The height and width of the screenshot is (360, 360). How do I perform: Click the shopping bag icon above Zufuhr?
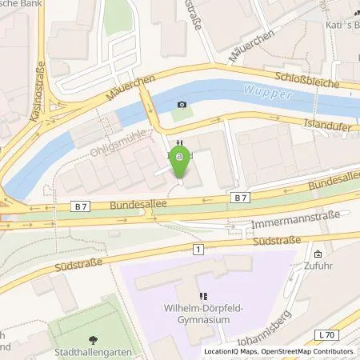(x=318, y=255)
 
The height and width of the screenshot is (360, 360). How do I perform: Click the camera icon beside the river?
(x=182, y=105)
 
